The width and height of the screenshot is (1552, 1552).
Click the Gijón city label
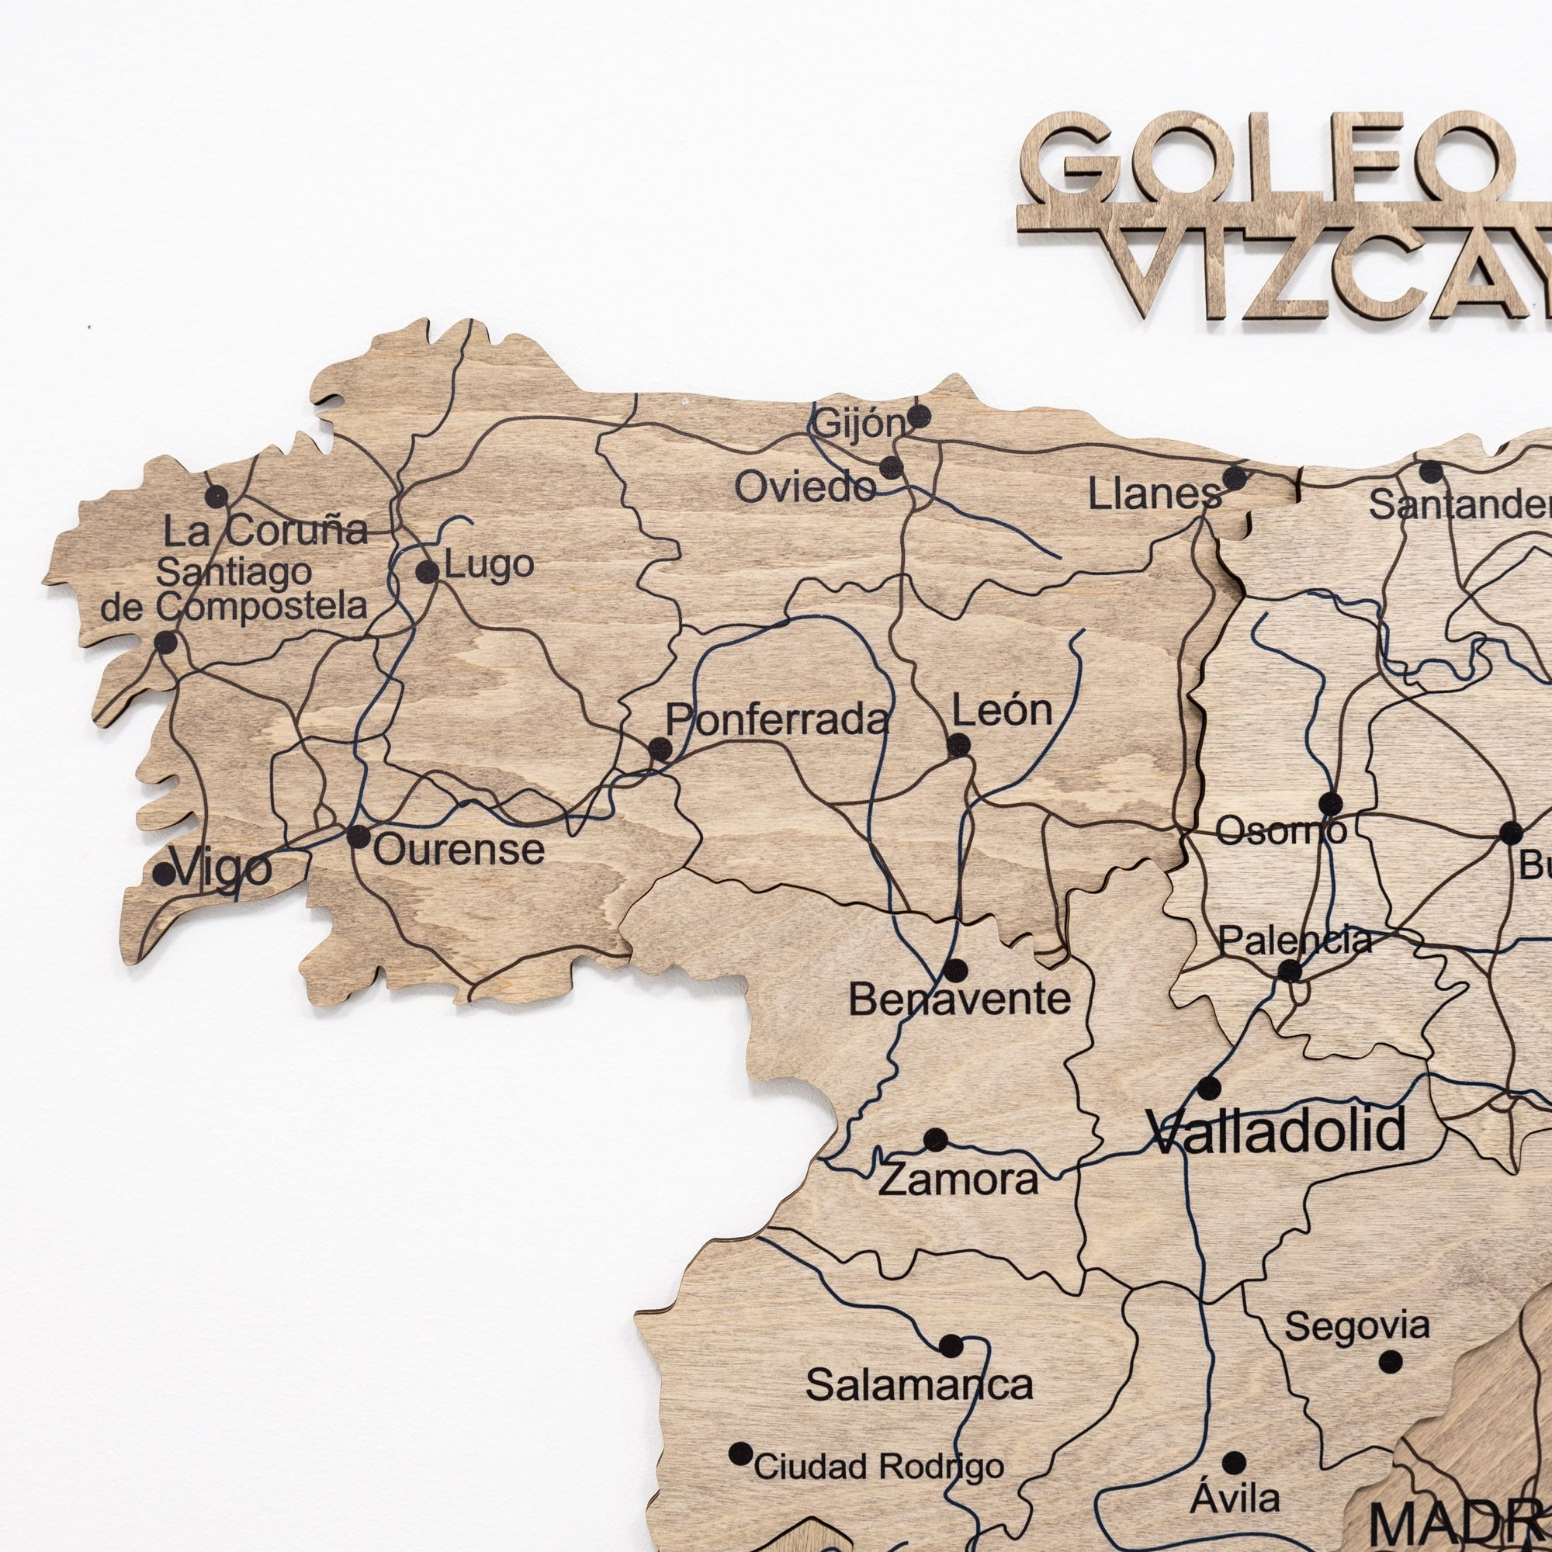point(858,424)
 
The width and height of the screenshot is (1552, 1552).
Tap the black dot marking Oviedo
point(891,469)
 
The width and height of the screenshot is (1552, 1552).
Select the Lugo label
point(488,566)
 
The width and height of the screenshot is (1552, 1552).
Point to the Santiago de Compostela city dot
point(166,642)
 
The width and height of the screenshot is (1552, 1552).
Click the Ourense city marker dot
point(359,837)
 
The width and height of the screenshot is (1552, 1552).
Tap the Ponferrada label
point(777,720)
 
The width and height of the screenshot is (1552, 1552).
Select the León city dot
point(958,746)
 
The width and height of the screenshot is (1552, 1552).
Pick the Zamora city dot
point(935,1139)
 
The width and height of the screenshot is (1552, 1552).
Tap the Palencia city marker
point(1289,972)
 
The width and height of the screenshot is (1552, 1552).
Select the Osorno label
point(1280,830)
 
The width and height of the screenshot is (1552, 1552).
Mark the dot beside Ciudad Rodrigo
point(740,1454)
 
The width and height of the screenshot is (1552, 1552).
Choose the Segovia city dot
point(1391,1362)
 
